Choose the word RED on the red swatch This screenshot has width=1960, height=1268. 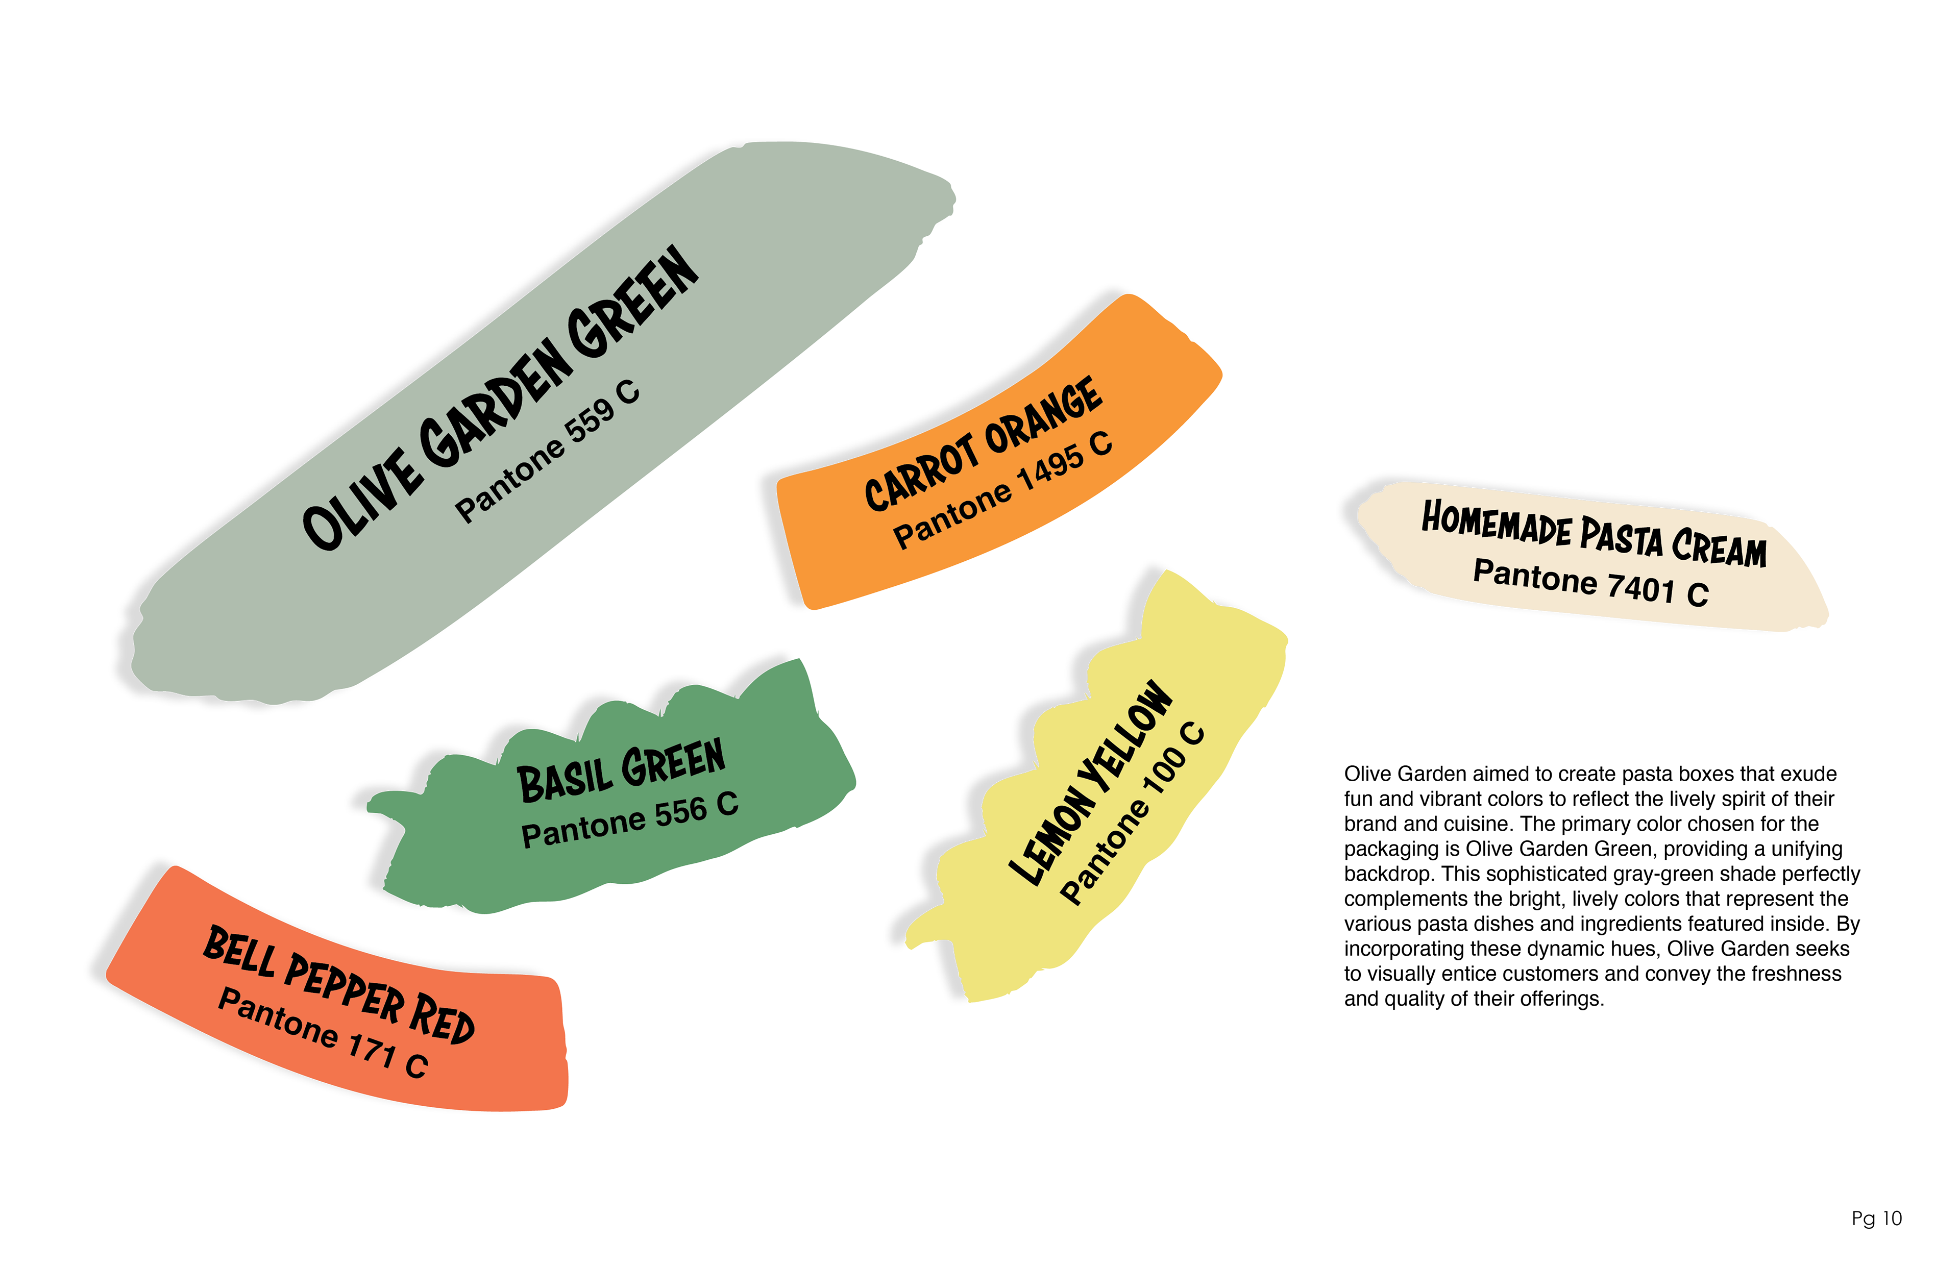pos(442,1020)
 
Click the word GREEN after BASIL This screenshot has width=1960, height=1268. pos(674,762)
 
